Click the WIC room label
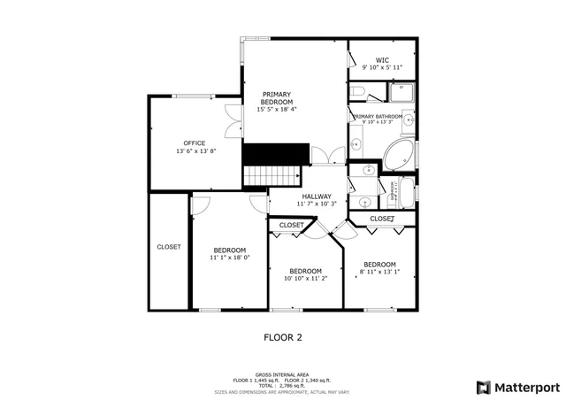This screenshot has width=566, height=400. point(382,60)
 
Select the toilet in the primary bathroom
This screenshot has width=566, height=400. point(356,91)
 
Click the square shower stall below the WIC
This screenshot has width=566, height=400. point(402,91)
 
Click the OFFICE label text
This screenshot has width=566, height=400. point(195,143)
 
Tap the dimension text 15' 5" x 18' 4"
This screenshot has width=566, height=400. point(277,110)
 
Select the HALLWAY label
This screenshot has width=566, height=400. point(316,196)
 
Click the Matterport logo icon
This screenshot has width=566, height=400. point(482,387)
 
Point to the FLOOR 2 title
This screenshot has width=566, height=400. point(283,336)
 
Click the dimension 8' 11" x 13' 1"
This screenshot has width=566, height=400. point(379,273)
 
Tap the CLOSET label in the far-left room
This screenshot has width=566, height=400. point(168,247)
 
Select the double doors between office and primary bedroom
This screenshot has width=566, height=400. point(233,122)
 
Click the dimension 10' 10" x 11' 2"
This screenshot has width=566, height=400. point(305,279)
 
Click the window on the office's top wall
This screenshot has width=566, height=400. point(192,96)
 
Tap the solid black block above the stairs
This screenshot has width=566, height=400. point(275,154)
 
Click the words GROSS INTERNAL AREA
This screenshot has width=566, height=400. point(282,374)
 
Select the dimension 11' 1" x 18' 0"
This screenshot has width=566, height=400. point(230,258)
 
